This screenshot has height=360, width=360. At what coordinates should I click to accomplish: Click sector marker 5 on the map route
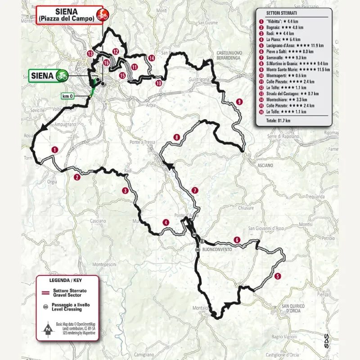(278, 276)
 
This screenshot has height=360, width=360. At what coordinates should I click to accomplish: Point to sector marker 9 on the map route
(239, 102)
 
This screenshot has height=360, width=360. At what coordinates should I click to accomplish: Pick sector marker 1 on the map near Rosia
(54, 149)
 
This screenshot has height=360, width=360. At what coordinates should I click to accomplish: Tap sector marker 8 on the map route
(177, 137)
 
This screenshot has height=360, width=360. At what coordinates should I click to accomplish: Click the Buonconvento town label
(217, 249)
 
